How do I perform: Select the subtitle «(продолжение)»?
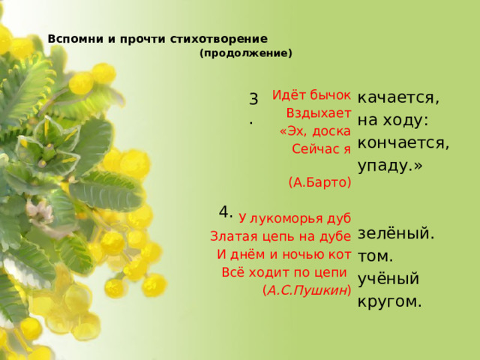(246, 54)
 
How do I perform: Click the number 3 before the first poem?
(253, 99)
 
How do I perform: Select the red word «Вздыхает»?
(319, 114)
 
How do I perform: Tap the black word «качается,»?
(399, 98)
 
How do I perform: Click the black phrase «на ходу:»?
(393, 120)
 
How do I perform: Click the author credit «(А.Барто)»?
(319, 181)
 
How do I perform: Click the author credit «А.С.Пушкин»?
(307, 289)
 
